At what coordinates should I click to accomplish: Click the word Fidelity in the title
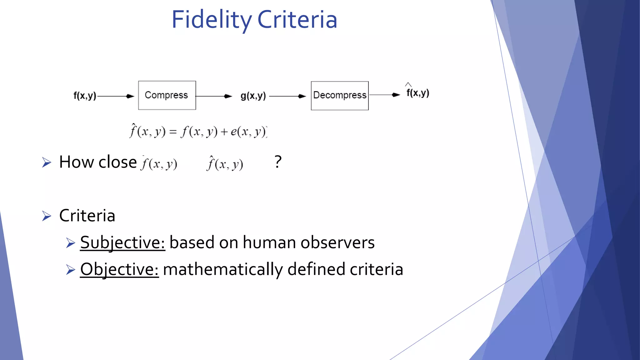coord(211,20)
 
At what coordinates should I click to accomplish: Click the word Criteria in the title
coord(297,20)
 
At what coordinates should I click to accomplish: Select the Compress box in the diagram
coord(167,95)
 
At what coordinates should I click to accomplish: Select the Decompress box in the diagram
coord(340,96)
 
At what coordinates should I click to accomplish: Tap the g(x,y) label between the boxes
coord(253,96)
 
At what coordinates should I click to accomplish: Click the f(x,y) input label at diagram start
coord(85,96)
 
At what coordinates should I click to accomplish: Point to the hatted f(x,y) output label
coord(418,92)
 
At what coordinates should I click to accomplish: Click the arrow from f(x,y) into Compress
coord(116,96)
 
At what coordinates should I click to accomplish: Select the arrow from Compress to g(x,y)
coord(214,96)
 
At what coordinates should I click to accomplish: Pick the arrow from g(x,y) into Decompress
coord(287,96)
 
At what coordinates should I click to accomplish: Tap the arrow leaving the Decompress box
coord(384,95)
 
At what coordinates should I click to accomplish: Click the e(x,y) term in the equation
coord(248,132)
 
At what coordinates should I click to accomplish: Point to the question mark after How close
coord(278,162)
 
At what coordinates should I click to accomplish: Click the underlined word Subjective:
coord(122,242)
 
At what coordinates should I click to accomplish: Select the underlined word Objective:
coord(119,269)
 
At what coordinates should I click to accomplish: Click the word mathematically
coord(223,269)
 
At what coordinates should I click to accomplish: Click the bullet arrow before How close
coord(47,162)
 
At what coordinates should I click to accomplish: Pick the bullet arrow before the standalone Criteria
coord(47,216)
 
